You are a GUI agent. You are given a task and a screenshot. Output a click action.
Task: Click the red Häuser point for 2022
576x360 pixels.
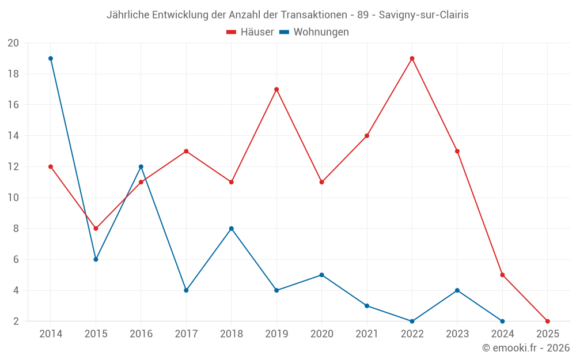[412, 58]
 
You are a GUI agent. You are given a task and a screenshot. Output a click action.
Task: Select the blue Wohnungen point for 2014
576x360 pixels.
[51, 58]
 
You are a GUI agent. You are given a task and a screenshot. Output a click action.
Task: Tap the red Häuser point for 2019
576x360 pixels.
[276, 89]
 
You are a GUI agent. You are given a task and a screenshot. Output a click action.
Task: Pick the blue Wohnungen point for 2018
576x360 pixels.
[231, 229]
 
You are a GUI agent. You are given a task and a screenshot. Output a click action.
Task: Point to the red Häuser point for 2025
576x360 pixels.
[547, 321]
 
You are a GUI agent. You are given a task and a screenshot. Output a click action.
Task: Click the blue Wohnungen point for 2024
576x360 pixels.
[502, 321]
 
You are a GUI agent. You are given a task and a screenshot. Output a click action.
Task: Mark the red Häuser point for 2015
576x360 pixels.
[96, 229]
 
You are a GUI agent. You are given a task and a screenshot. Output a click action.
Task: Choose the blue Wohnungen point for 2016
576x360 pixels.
[141, 166]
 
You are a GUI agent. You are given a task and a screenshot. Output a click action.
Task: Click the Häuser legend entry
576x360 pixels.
[250, 32]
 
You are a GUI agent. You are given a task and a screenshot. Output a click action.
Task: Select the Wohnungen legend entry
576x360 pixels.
[314, 32]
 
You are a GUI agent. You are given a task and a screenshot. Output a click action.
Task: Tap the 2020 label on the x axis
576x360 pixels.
[321, 334]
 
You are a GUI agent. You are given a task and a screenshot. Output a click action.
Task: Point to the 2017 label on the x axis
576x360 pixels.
[186, 334]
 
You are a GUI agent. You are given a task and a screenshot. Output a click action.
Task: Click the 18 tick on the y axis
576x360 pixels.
[13, 74]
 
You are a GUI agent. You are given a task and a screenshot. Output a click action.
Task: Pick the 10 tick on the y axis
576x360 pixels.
[13, 198]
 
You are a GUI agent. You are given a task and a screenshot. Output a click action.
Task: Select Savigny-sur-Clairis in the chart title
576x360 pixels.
[423, 15]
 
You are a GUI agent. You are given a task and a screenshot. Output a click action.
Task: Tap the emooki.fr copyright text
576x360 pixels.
[525, 348]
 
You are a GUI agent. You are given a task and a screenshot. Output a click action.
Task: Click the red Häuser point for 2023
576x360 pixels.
[457, 151]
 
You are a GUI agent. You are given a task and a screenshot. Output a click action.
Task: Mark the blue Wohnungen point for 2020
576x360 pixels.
[321, 275]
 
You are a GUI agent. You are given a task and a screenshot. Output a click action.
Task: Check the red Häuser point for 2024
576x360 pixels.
[502, 275]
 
